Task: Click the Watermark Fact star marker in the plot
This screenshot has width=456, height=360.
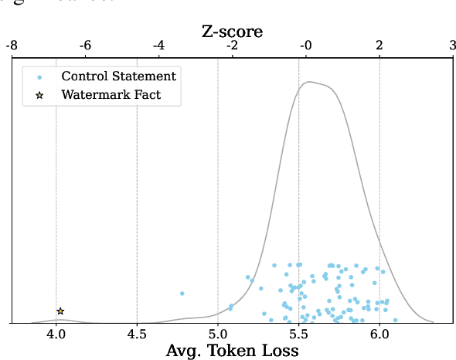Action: (x=60, y=311)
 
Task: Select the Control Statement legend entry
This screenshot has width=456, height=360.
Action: (x=118, y=76)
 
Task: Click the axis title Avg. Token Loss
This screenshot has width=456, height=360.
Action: (x=232, y=351)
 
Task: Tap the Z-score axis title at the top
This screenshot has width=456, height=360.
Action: (x=232, y=32)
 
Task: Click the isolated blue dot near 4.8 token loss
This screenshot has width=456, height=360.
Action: (x=182, y=294)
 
